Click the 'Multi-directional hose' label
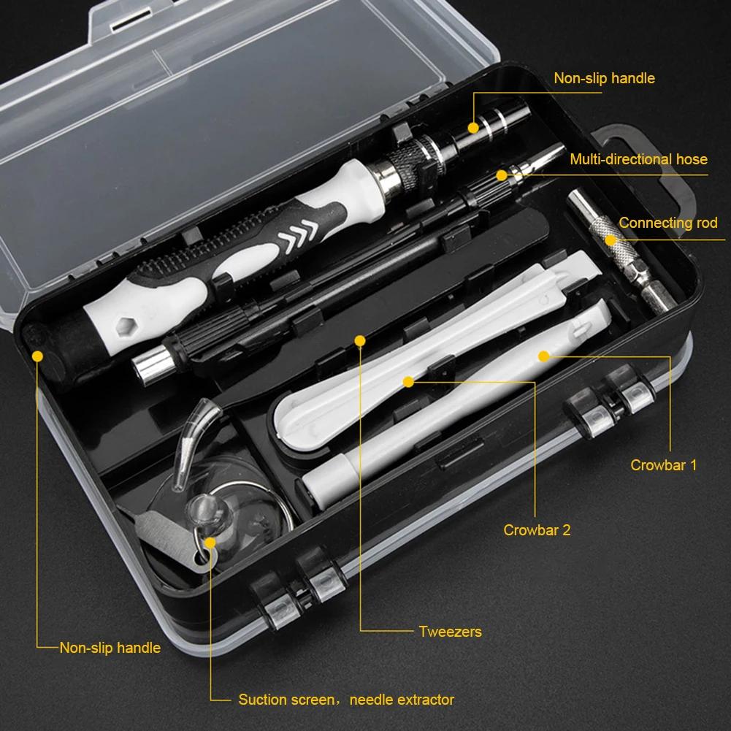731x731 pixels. point(638,159)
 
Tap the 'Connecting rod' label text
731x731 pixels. point(668,223)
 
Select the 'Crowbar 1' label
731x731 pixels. point(663,464)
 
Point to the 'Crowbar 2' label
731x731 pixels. point(537,530)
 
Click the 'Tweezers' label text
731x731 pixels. point(450,632)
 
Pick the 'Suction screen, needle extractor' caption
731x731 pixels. point(346,700)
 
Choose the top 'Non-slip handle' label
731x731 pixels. point(604,78)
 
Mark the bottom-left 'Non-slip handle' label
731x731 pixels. point(110,647)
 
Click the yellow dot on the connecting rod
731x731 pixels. point(611,239)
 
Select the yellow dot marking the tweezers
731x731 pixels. point(359,340)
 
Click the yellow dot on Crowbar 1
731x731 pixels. point(543,356)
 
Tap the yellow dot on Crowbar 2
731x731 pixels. point(408,381)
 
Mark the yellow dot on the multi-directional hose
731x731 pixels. point(502,175)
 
